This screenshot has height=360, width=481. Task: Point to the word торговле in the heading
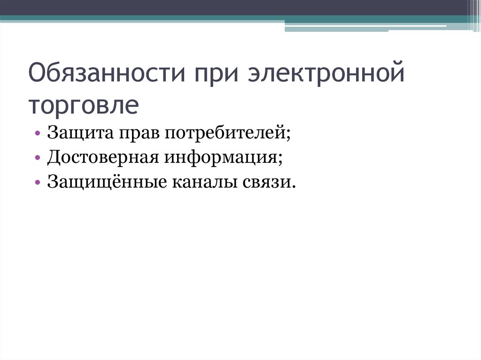coord(84,105)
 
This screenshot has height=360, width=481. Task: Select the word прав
coord(138,133)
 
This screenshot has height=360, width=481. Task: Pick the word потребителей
coord(225,133)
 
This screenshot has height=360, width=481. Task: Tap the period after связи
coord(295,186)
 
